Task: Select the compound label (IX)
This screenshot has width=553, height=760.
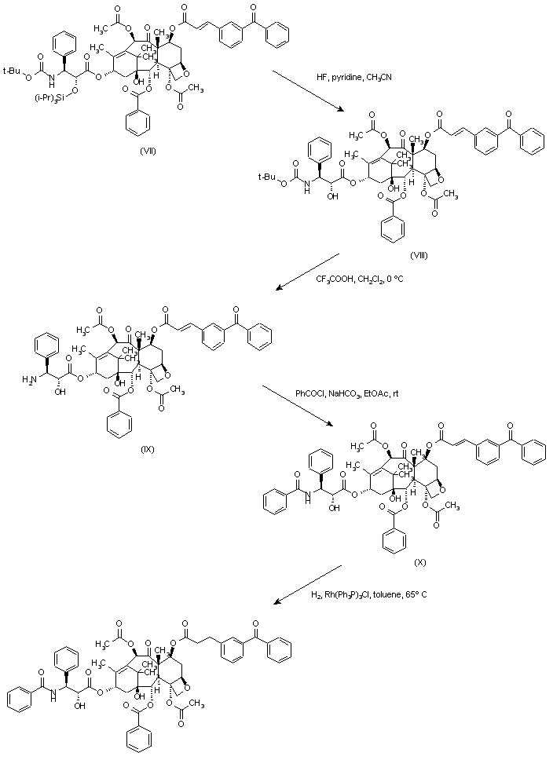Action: [148, 448]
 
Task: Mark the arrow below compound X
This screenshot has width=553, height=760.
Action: [307, 584]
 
